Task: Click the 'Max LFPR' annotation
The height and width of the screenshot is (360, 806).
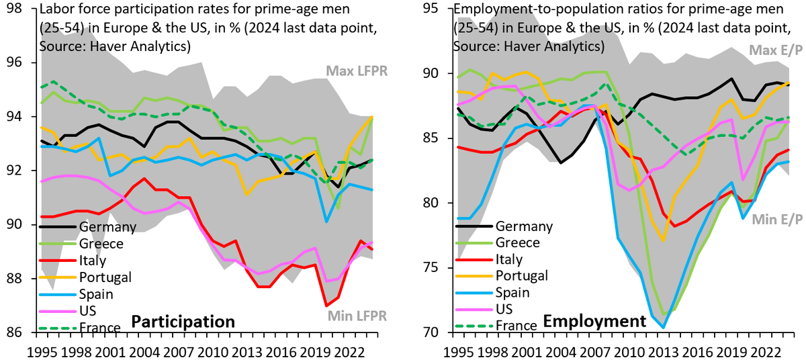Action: tap(357, 71)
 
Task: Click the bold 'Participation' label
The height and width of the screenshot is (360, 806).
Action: tap(183, 322)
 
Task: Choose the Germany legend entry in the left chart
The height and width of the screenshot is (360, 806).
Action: tap(108, 227)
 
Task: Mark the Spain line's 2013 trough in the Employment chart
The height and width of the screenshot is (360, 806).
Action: tap(663, 328)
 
